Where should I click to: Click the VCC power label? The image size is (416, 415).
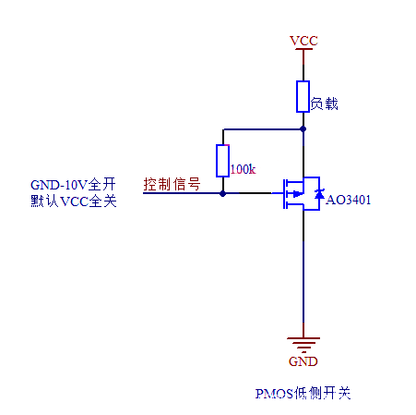303,42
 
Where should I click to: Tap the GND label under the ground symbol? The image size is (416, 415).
303,361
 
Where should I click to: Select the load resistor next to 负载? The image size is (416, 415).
303,96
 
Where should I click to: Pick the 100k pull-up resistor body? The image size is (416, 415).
222,161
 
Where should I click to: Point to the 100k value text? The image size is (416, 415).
242,169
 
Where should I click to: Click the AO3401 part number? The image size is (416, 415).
349,198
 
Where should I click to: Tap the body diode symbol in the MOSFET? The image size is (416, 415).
319,194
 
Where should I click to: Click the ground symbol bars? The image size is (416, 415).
303,344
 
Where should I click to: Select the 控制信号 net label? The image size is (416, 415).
172,184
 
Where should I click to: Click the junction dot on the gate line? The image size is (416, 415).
222,194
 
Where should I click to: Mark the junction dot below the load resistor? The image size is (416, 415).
303,129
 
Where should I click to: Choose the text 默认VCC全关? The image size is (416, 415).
74,201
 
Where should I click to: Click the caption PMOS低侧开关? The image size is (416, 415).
303,393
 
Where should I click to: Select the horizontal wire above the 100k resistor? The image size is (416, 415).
262,129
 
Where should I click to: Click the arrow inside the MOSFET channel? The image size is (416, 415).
294,194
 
